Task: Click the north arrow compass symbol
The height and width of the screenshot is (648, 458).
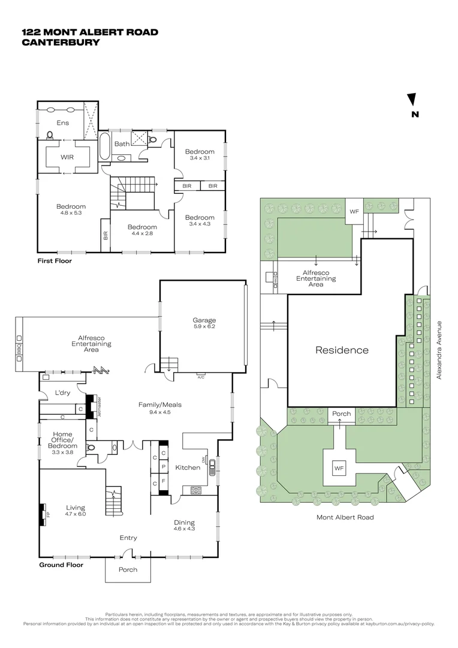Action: [412, 100]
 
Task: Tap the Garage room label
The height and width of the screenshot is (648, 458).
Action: [204, 320]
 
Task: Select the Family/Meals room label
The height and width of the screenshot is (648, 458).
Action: [160, 404]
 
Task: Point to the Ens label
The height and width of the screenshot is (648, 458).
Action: [62, 123]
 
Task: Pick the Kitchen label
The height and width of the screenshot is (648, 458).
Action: [187, 467]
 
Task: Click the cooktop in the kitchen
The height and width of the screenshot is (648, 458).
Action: [195, 490]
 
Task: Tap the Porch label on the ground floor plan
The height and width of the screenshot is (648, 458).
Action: [128, 569]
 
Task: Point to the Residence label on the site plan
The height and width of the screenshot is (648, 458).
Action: [342, 350]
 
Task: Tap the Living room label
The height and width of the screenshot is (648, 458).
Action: [76, 508]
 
